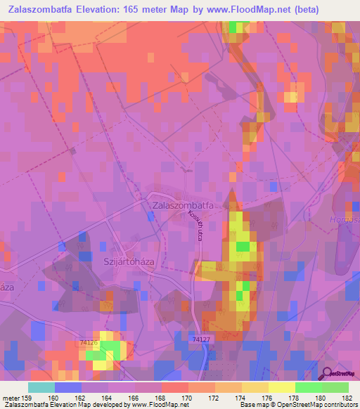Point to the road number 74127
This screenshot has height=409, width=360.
click(x=202, y=339)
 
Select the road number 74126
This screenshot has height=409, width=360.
click(x=89, y=342)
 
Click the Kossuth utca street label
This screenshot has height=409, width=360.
click(x=199, y=226)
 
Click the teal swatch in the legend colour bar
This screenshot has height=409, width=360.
click(x=41, y=387)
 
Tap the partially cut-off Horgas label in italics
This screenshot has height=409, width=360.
click(x=346, y=220)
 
